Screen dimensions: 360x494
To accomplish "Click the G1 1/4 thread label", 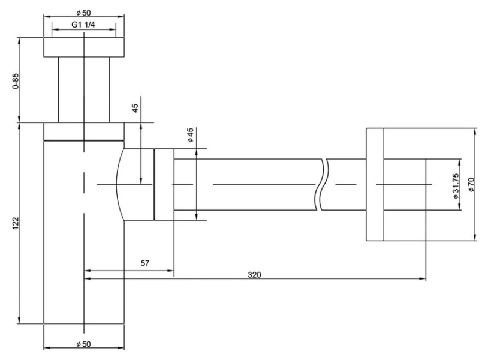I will [85, 25].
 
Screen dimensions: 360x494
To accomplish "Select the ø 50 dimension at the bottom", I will [84, 343].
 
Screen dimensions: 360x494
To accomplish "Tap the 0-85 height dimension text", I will [16, 81].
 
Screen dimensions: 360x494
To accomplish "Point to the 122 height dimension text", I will [16, 223].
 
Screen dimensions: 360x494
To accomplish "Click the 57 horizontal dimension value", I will [144, 263].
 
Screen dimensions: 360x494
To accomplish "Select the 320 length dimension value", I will [254, 275].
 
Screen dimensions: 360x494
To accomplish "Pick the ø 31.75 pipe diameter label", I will [456, 185].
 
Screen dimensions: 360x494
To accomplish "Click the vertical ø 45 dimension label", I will [189, 135].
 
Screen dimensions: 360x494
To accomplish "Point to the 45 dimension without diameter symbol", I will [135, 108].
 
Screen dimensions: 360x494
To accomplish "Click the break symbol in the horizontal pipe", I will [322, 184].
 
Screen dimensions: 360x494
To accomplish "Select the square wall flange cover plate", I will [375, 185].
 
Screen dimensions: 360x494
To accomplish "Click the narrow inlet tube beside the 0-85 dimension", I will [84, 90].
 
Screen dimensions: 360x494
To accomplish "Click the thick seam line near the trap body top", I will [84, 140].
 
